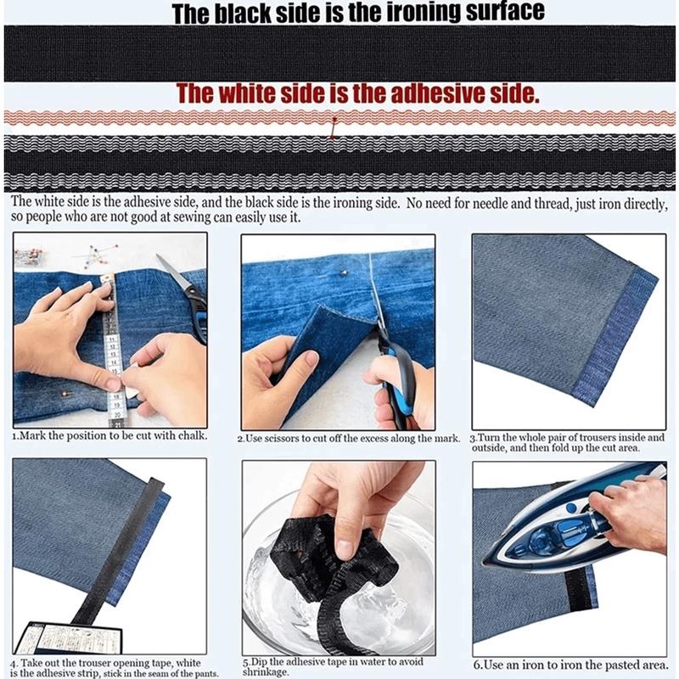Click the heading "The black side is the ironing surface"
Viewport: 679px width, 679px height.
click(357, 13)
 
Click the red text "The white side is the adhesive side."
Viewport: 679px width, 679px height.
click(357, 94)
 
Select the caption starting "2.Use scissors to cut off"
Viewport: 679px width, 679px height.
click(348, 438)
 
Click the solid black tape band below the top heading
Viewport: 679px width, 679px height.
click(339, 53)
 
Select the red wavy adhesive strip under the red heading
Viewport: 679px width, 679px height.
click(339, 118)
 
